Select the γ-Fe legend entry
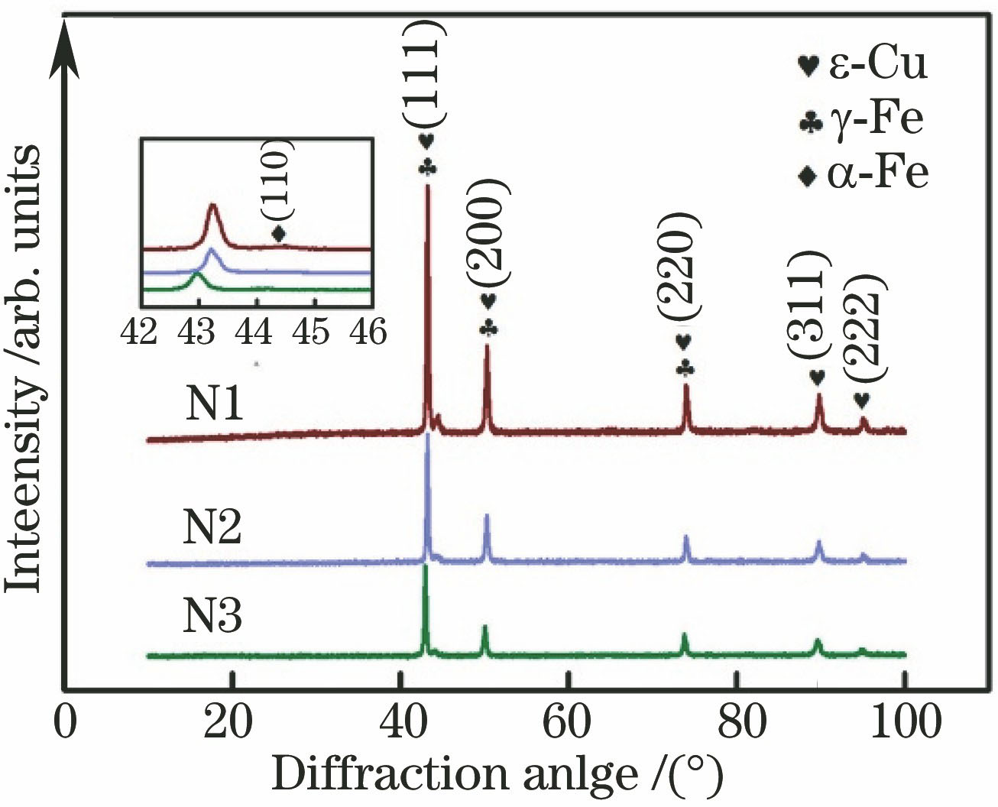(862, 120)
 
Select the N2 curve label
(212, 527)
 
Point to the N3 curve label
(212, 616)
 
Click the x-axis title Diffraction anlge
(497, 775)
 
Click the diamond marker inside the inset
(279, 233)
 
